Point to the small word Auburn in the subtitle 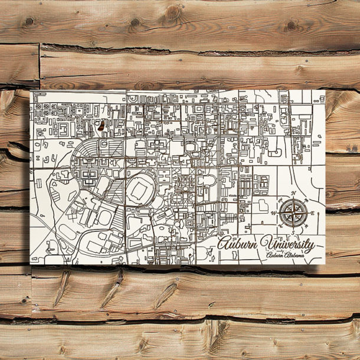click(275, 256)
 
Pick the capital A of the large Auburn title click(224, 243)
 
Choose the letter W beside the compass click(272, 213)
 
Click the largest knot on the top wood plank click(172, 12)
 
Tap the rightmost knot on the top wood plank click(290, 26)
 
